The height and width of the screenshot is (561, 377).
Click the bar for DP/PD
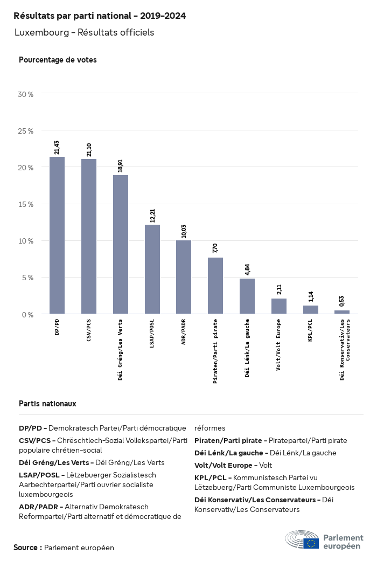57,236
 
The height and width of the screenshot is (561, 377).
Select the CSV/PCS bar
89,236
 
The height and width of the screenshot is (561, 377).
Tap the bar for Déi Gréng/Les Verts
121,244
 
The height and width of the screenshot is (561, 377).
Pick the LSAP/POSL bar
152,269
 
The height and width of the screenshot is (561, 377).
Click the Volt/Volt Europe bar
279,306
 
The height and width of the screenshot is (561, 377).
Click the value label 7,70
215,248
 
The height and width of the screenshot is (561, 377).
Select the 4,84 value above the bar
247,268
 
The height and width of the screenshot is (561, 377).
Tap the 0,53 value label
342,301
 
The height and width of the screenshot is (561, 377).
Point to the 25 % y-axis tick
26,131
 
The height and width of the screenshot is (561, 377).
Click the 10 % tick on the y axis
26,241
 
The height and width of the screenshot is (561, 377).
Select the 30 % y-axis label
26,94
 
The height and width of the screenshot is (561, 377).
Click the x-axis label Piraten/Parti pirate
215,350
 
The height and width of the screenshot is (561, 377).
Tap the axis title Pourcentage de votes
58,60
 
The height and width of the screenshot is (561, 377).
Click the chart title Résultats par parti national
100,16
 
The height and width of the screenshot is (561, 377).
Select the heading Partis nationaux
47,403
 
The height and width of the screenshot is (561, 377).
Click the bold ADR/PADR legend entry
41,507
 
